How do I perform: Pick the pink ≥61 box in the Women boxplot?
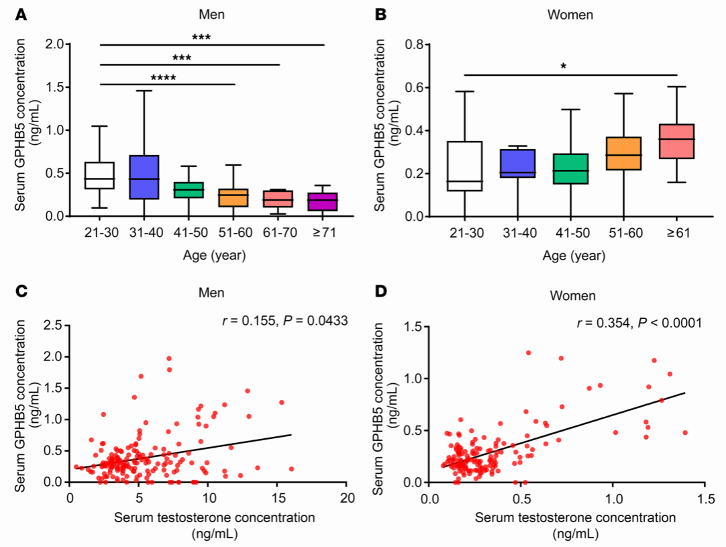[x=676, y=142]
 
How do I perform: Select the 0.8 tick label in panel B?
[x=416, y=44]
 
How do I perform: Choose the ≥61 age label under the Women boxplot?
[x=675, y=233]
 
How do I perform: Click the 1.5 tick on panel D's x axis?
[x=705, y=501]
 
